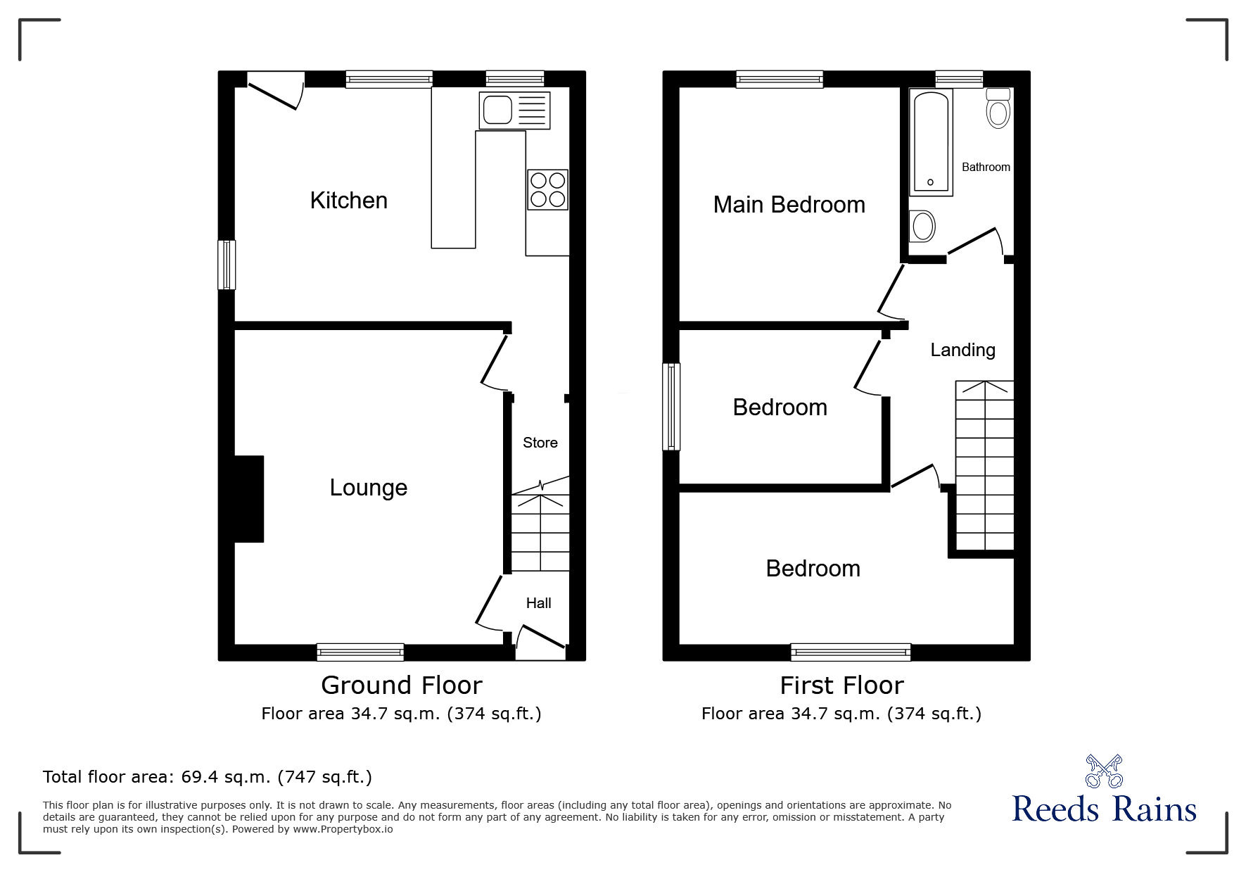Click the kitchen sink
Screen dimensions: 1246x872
[514, 110]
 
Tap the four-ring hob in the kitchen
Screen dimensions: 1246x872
[548, 189]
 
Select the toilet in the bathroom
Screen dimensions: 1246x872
[998, 108]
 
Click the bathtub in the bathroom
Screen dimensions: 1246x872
[931, 143]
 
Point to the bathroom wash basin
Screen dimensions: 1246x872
[922, 227]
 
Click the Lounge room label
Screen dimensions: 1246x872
[369, 488]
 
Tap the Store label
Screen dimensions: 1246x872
[540, 443]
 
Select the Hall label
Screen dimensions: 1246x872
[539, 603]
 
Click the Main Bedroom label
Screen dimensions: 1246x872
[789, 205]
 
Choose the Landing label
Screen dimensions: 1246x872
[963, 350]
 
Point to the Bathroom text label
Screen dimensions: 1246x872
[986, 167]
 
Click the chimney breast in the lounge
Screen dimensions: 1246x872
[249, 499]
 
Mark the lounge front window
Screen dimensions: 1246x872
[360, 652]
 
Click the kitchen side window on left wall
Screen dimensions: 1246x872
[227, 265]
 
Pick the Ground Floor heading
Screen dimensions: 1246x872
[402, 685]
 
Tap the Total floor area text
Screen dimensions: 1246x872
[208, 777]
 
